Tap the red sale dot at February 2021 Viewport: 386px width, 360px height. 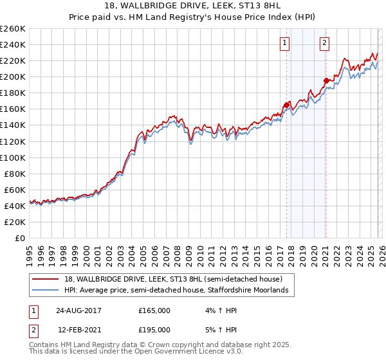coord(326,80)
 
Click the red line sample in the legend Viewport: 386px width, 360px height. coord(46,279)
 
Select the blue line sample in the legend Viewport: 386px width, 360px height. coord(46,291)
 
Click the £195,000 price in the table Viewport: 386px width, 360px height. coord(154,329)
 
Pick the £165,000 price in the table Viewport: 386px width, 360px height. coord(154,310)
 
